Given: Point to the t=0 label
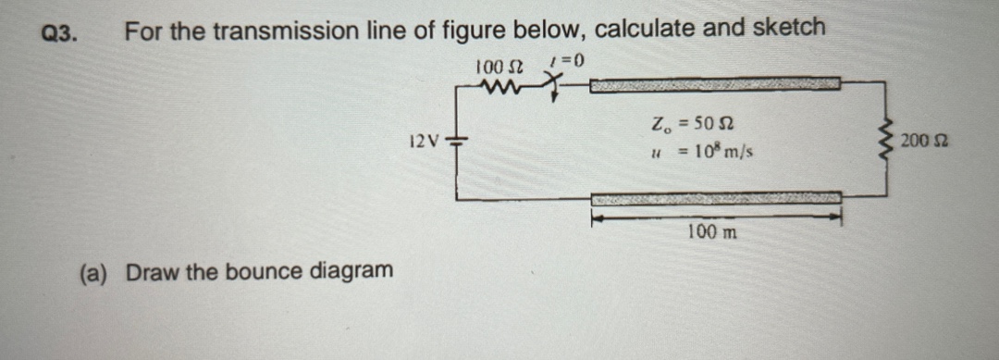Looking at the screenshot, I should pyautogui.click(x=568, y=62).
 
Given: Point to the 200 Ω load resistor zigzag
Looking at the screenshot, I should pyautogui.click(x=887, y=141).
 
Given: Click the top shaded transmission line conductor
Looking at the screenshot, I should pyautogui.click(x=715, y=85).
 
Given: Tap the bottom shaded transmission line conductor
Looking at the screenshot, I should pyautogui.click(x=716, y=198).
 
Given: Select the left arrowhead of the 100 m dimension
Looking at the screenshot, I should pyautogui.click(x=598, y=218).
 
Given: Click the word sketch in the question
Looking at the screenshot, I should pyautogui.click(x=790, y=29).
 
